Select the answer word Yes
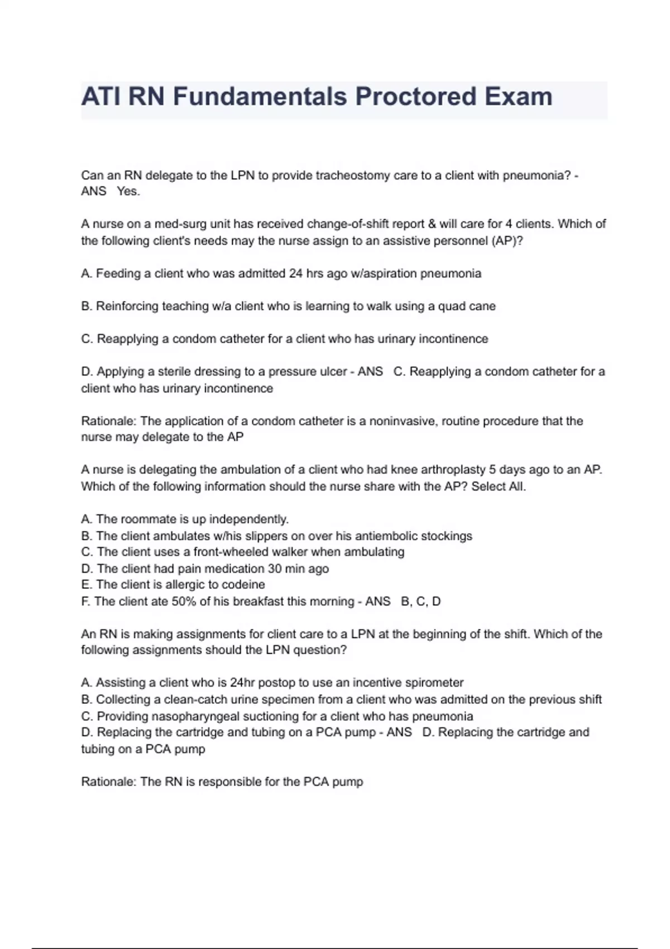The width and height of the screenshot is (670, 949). tap(128, 191)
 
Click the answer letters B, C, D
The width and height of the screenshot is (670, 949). tap(420, 601)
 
